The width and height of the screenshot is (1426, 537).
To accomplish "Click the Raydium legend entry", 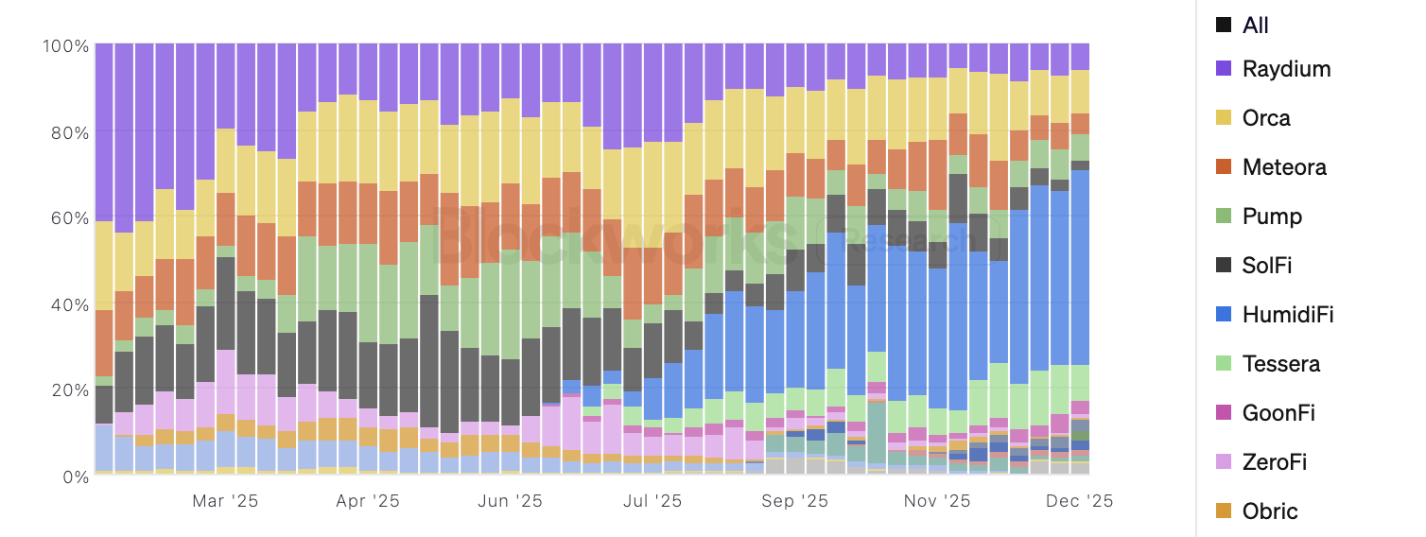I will click(1286, 69).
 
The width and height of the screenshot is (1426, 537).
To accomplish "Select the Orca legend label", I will click(1266, 118).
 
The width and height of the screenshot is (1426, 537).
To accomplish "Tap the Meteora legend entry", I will click(1284, 167).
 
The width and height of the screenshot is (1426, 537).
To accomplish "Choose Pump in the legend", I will click(1272, 217).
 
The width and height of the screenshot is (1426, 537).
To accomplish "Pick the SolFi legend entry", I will click(1267, 266).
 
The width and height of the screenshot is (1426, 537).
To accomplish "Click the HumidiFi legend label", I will click(1288, 315).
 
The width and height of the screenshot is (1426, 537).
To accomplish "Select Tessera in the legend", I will click(1281, 364).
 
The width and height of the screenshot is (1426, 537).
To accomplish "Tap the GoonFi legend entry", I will click(1278, 413).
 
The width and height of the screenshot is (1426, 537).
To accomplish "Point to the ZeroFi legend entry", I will click(1276, 462).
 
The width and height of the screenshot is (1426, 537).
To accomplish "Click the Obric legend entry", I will click(1270, 511).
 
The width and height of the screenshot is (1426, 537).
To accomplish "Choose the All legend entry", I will click(1256, 26).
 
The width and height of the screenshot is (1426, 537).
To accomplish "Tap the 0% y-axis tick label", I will click(75, 476).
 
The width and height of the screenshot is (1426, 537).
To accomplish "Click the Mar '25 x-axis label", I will click(225, 501).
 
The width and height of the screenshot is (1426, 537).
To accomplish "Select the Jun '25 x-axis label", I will click(511, 501).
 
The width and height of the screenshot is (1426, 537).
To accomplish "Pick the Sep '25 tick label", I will click(795, 501).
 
